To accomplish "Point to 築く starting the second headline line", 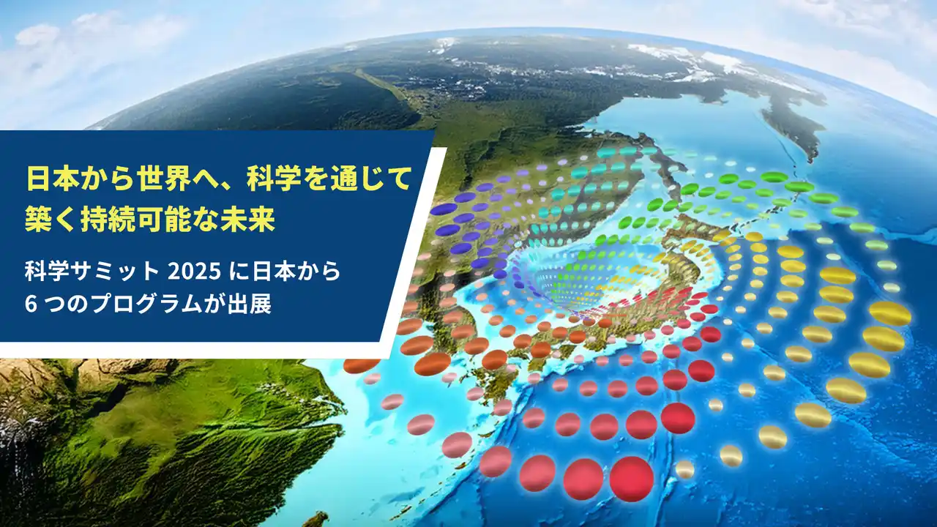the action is coord(48,220).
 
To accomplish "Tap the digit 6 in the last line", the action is coord(29,304).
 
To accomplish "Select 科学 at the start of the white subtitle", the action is coord(46,272).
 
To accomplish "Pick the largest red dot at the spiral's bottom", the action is coord(632,479).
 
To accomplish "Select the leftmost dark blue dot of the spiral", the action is coord(444,209).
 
